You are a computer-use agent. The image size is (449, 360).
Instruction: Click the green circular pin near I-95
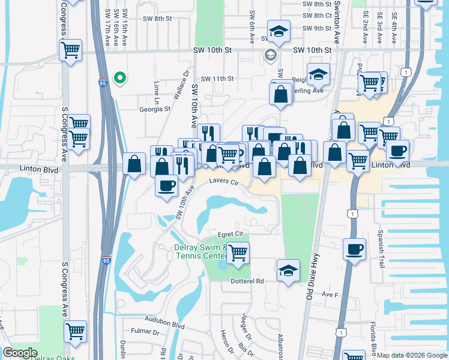pos(120,77)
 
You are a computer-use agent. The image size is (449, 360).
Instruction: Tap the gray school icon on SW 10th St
pos(270,56)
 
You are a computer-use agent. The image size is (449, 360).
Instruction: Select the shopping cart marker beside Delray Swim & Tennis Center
pos(238,253)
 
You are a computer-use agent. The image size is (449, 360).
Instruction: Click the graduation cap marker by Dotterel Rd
pos(289,271)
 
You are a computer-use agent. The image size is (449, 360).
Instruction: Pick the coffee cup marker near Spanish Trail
pos(355,248)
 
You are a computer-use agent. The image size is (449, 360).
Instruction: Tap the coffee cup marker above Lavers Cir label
pos(166,184)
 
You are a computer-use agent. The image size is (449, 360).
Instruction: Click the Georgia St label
pos(155,109)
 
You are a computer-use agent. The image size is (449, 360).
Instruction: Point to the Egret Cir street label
pos(229,233)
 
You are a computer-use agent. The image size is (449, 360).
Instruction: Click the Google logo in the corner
pos(20,353)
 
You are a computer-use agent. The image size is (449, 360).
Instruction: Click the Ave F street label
pos(331,295)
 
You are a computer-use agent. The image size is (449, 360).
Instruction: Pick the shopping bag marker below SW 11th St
pos(280,94)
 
